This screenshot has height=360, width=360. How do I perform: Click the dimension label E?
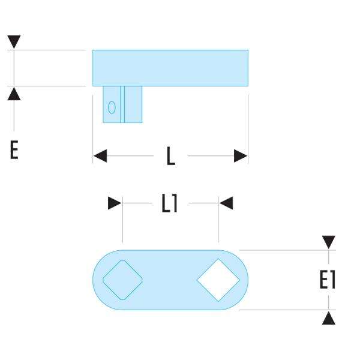pyautogui.click(x=14, y=149)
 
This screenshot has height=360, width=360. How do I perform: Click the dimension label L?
pyautogui.click(x=171, y=157)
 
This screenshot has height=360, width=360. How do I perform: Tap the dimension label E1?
pyautogui.click(x=327, y=280)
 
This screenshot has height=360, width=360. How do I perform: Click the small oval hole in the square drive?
pyautogui.click(x=112, y=107)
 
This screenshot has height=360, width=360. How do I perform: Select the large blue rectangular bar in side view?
pyautogui.click(x=170, y=67)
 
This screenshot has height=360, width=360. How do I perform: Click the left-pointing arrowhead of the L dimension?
pyautogui.click(x=100, y=157)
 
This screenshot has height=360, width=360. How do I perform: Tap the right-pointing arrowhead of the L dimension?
pyautogui.click(x=241, y=157)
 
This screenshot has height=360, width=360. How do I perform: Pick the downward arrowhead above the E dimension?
pyautogui.click(x=14, y=43)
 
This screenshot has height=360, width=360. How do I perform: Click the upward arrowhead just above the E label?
pyautogui.click(x=14, y=93)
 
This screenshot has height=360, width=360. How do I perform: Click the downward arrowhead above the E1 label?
pyautogui.click(x=328, y=242)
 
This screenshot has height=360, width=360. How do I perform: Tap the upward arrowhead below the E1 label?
pyautogui.click(x=328, y=317)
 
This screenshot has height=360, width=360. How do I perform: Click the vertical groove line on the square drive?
pyautogui.click(x=122, y=104)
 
